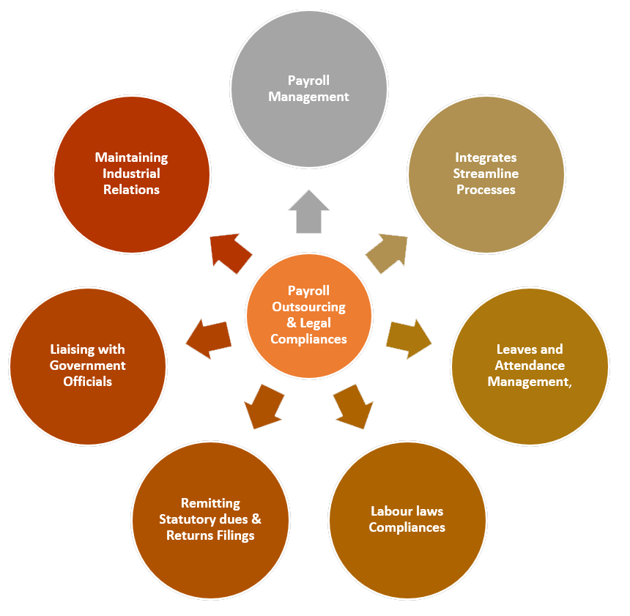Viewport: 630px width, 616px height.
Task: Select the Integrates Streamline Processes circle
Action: (x=486, y=174)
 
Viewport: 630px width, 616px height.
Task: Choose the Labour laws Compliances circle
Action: (x=407, y=519)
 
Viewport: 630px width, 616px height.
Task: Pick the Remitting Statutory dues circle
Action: (x=210, y=519)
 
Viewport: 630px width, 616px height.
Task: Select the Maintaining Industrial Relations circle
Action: (x=132, y=174)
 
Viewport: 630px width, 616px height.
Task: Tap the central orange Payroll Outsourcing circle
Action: (x=308, y=316)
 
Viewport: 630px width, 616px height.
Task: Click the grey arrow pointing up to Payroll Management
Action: (x=308, y=212)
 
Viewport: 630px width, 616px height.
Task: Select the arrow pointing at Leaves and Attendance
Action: (x=408, y=338)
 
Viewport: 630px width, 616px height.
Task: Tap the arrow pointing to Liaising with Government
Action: (x=210, y=338)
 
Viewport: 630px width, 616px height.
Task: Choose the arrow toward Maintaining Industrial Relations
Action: (x=231, y=253)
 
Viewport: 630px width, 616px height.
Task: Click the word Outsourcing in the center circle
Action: (x=308, y=307)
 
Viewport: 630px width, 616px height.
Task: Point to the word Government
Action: (x=87, y=365)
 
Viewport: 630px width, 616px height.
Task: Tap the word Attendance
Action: (x=530, y=365)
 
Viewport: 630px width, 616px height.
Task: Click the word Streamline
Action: (x=486, y=174)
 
